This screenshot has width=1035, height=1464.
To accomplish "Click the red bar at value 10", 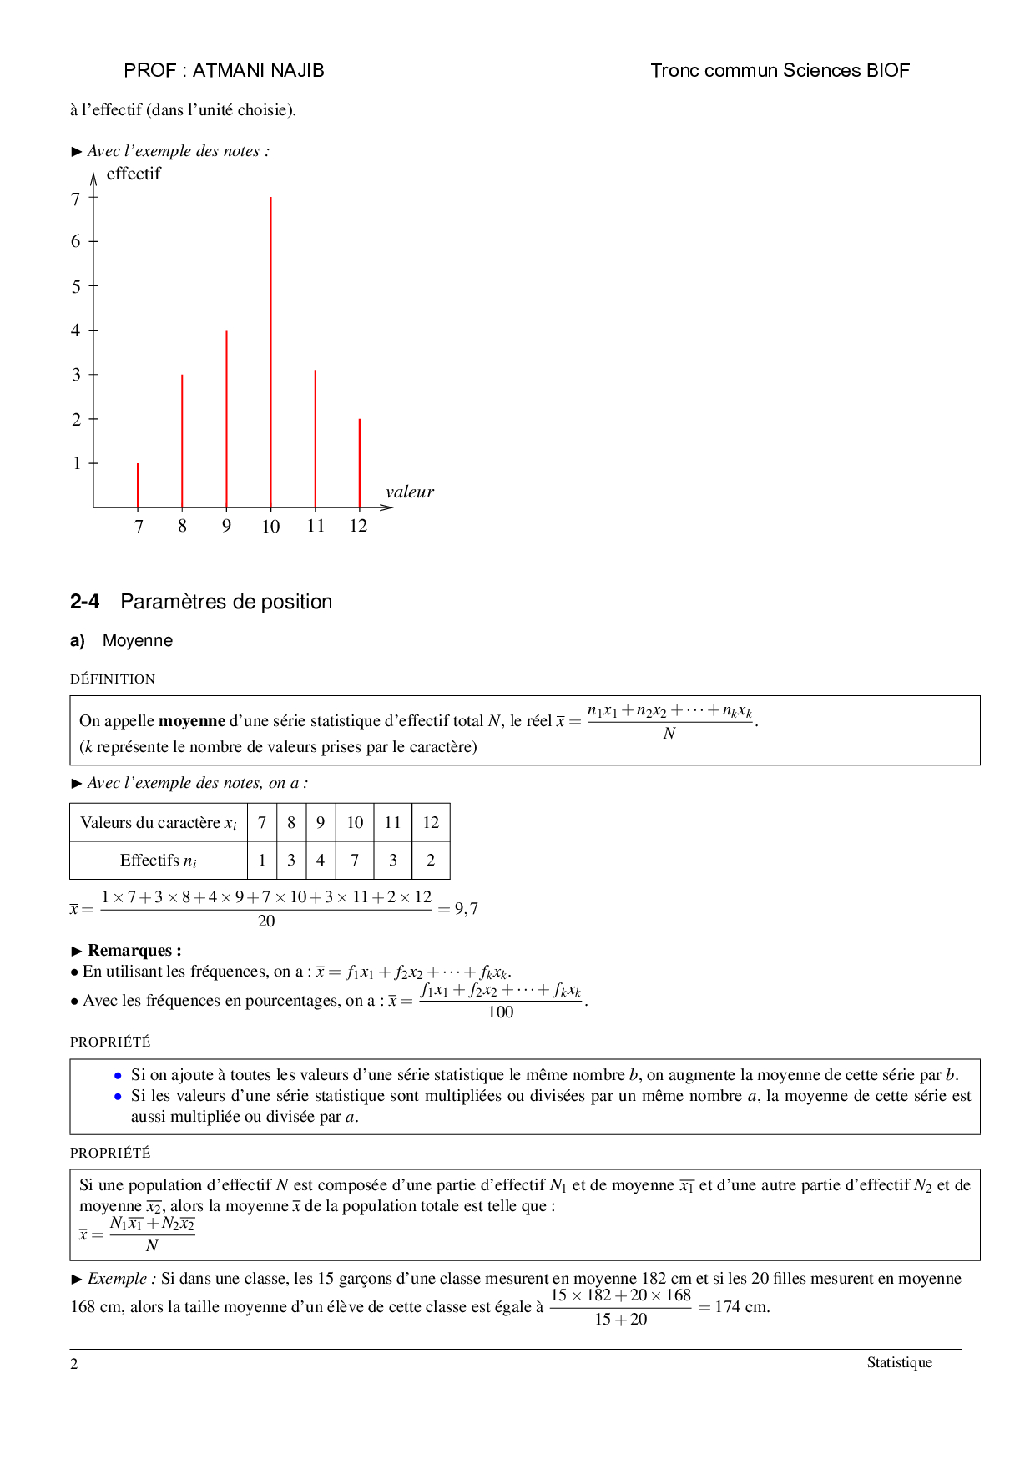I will click(270, 351).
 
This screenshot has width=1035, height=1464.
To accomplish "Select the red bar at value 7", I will click(138, 485).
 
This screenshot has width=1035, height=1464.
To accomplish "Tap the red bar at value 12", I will click(360, 463).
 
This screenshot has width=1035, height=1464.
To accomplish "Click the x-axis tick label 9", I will click(226, 526).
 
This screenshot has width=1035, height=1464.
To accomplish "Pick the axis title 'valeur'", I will click(410, 492).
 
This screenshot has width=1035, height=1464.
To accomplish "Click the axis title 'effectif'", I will click(134, 174).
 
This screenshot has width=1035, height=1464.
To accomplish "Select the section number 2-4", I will click(84, 602).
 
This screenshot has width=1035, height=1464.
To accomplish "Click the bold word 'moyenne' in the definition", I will click(192, 720).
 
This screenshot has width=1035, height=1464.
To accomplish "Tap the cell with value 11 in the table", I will click(392, 822).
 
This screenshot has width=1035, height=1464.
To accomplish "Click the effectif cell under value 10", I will click(355, 861).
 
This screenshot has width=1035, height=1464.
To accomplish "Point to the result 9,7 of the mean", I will click(467, 909).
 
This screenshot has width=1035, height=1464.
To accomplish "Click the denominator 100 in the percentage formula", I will click(501, 1012).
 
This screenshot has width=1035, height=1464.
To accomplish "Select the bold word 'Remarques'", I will click(130, 951).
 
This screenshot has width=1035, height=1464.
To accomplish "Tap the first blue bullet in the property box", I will click(118, 1075).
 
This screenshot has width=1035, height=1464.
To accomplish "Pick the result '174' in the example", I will click(728, 1307).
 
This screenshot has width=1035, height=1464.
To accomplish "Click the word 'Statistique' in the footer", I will click(899, 1362).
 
